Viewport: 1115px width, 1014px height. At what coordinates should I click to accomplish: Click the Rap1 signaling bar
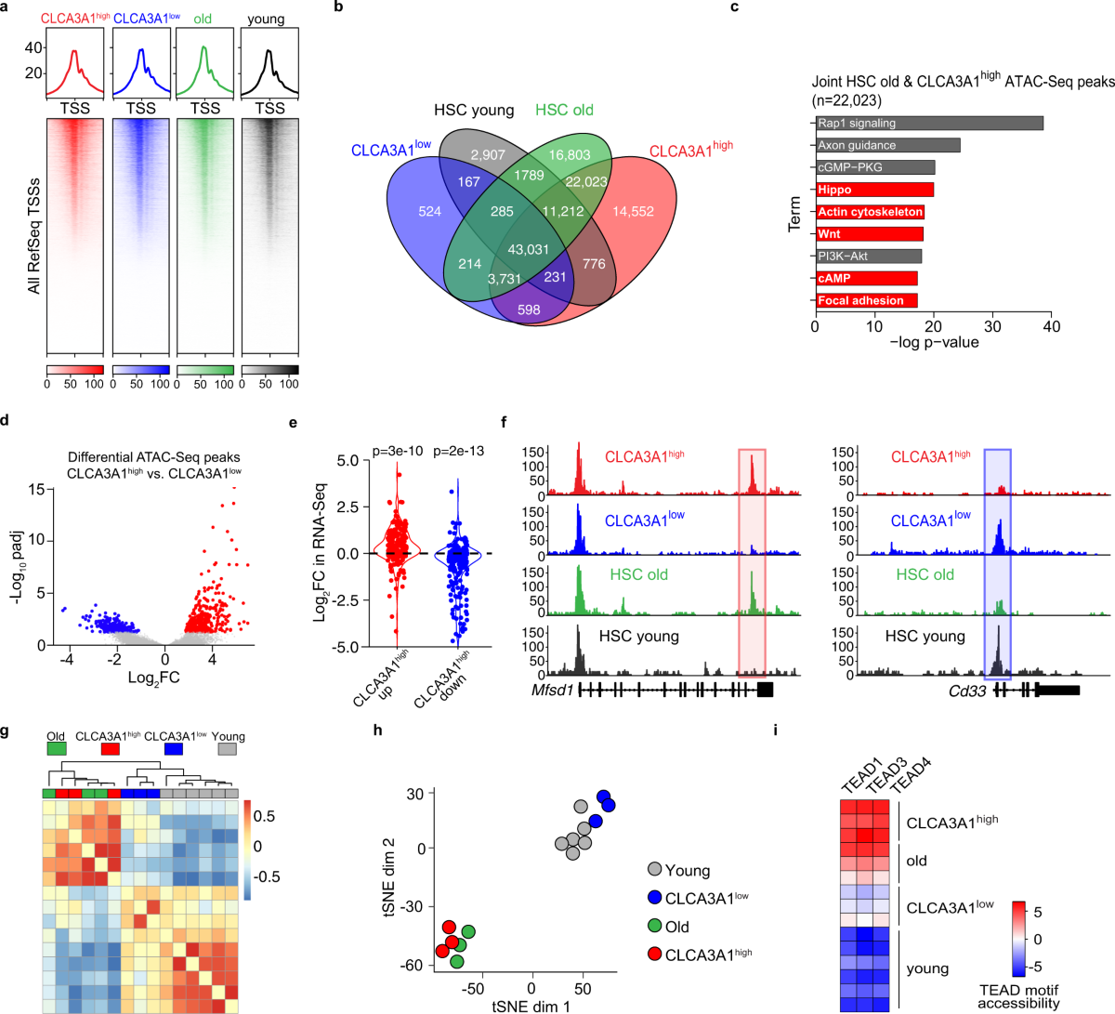tap(929, 123)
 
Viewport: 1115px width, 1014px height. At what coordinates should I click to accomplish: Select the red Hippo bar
tap(874, 190)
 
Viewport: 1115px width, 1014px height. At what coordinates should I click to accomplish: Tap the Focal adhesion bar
tap(866, 300)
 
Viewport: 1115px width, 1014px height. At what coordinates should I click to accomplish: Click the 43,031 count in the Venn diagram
tap(529, 249)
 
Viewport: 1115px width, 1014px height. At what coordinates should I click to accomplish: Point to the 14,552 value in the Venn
tap(633, 211)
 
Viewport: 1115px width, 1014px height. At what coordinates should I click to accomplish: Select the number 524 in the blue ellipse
tap(430, 211)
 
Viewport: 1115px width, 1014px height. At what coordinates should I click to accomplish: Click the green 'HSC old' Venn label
tap(564, 110)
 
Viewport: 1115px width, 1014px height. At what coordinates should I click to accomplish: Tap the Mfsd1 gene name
tap(550, 691)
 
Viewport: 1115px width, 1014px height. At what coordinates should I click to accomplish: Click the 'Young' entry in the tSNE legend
tap(687, 871)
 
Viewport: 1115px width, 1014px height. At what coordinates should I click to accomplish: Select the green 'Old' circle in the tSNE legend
tap(654, 927)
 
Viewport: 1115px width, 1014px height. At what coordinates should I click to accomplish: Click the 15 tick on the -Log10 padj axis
tap(37, 489)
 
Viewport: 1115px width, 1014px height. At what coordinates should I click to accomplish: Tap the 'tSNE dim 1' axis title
tap(531, 1006)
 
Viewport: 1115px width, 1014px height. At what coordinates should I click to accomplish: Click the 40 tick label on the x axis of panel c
tap(1051, 326)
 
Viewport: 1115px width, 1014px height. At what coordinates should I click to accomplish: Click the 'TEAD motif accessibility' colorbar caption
tap(1017, 996)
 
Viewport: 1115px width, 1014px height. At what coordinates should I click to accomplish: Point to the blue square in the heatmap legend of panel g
tap(173, 748)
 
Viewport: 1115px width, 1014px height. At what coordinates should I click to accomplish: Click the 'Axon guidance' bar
tap(887, 145)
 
